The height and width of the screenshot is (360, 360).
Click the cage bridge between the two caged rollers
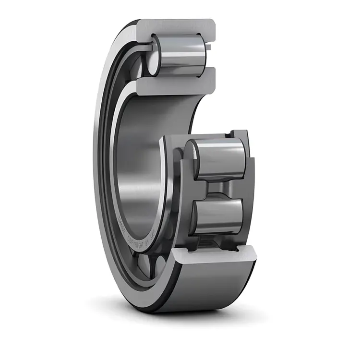tap(218, 188)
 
